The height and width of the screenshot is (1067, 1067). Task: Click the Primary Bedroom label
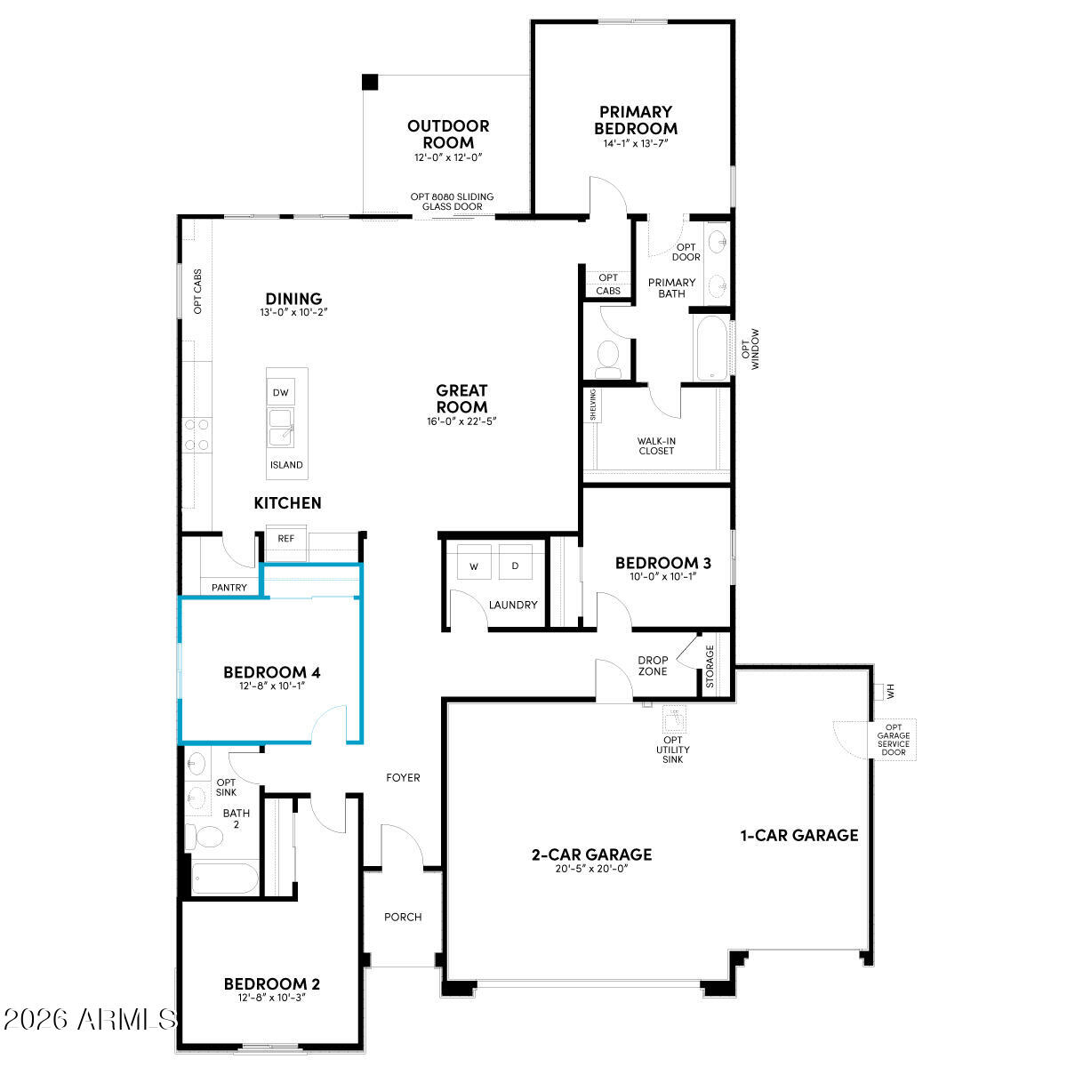pos(636,120)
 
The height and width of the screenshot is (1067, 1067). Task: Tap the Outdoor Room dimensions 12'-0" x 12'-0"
pos(447,157)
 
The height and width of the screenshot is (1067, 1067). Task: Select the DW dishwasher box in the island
pos(281,392)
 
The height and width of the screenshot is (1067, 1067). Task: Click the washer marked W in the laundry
pos(473,566)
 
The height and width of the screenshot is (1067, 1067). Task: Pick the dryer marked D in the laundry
pos(515,566)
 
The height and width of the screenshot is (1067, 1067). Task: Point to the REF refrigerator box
pos(285,539)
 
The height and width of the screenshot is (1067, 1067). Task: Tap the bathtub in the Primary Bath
pos(710,348)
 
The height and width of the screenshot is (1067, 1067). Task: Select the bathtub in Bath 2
pos(224,878)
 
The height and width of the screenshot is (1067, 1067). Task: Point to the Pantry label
pos(229,588)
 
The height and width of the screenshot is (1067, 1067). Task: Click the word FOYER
pos(403,778)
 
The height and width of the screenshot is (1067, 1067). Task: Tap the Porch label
pos(403,917)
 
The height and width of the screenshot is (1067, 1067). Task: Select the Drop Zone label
pos(653,666)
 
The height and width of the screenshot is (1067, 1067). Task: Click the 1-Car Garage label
pos(799,835)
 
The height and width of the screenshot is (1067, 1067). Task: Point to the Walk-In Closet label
pos(656,445)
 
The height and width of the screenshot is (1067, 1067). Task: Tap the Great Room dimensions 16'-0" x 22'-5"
pos(461,422)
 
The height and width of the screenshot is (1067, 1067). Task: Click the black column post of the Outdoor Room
pos(370,82)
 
